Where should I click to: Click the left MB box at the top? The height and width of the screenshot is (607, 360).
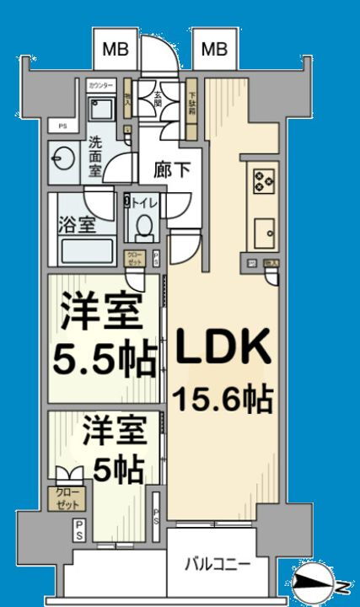(x=116, y=50)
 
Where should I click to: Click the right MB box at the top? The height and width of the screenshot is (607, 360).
(x=214, y=50)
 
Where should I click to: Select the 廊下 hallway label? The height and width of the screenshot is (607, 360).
(x=172, y=169)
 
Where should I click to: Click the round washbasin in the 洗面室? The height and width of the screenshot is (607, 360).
(x=62, y=158)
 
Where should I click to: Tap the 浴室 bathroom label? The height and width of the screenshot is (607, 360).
(x=75, y=226)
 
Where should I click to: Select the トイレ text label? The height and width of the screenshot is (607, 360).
(x=144, y=202)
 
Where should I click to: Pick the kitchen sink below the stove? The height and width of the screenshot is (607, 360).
(x=265, y=229)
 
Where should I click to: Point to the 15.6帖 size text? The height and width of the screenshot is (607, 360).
(x=223, y=398)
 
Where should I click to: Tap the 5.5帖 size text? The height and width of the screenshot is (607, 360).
(x=105, y=360)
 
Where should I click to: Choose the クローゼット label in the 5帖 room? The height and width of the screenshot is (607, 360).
(x=65, y=497)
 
